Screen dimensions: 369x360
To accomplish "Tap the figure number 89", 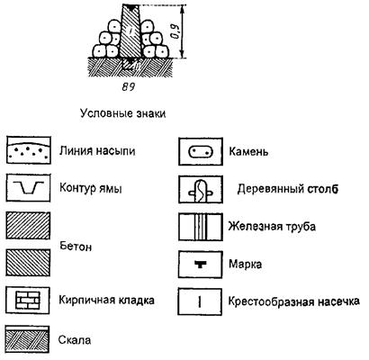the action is [129, 87].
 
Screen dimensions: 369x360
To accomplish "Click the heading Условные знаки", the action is [122, 113].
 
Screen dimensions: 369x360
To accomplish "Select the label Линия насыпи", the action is [97, 150].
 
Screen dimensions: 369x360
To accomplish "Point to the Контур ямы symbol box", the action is [28, 187].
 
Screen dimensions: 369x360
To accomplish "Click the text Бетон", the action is [76, 247].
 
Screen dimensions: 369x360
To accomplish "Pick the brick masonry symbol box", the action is [28, 301].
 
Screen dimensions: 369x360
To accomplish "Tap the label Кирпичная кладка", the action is [106, 300].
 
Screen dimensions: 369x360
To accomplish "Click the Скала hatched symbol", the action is [28, 339].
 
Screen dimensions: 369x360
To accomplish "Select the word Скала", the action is [75, 340].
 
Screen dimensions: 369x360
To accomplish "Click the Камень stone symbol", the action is [201, 151].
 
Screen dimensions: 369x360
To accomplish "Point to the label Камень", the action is [248, 152].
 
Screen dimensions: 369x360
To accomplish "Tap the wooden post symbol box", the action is [201, 190].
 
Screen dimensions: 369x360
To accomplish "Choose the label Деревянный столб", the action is [288, 189].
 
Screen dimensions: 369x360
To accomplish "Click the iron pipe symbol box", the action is [201, 227].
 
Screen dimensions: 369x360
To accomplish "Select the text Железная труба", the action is [272, 226].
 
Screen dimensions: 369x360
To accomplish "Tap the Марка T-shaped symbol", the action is [200, 264].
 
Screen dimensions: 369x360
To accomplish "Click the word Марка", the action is [245, 265].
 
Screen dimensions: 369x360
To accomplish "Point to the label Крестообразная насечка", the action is [293, 301].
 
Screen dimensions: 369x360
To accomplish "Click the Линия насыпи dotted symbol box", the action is [29, 150].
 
